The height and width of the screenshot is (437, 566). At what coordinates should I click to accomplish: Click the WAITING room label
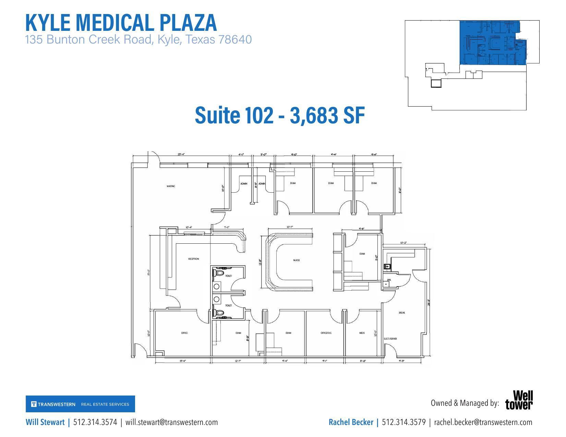tap(171, 186)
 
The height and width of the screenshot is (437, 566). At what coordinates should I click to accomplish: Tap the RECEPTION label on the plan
tap(193, 259)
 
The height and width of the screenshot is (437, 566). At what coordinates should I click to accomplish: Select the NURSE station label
tap(297, 260)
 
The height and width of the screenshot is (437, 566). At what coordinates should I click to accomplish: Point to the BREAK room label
tap(402, 313)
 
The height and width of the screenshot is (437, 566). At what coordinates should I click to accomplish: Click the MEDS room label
tap(362, 333)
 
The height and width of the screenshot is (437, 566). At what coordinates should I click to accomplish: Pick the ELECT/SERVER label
tap(390, 339)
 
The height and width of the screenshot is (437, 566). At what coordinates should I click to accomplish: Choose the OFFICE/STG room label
tap(326, 333)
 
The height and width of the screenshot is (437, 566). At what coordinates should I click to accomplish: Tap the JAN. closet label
tap(389, 280)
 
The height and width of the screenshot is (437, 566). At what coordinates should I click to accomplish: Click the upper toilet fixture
tap(218, 273)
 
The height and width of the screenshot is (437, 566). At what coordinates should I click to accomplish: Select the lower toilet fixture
tap(218, 313)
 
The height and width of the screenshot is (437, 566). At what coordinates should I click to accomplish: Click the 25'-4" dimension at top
tap(181, 155)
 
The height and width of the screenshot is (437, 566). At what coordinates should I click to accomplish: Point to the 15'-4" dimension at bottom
tap(183, 361)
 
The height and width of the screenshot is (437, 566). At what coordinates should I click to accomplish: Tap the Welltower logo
tap(519, 400)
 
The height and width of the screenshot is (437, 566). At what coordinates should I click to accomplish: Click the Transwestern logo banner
tap(80, 404)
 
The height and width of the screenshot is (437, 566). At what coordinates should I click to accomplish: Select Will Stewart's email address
tap(171, 422)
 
